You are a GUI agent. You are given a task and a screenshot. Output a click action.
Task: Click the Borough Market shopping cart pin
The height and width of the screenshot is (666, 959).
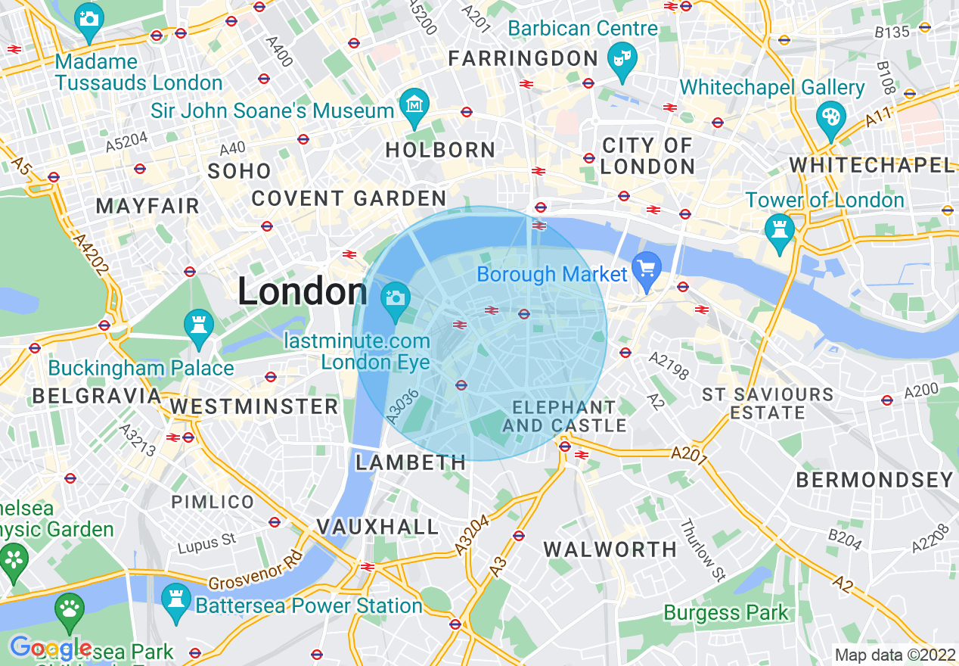tap(647, 270)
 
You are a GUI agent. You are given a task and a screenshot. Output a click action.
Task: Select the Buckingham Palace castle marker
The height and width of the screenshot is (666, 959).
tap(199, 327)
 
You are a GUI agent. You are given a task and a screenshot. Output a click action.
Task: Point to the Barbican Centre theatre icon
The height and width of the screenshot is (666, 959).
tap(624, 59)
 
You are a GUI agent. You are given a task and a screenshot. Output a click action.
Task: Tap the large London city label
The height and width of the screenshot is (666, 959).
tap(303, 291)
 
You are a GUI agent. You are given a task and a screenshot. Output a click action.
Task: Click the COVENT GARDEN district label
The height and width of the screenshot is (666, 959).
tap(349, 199)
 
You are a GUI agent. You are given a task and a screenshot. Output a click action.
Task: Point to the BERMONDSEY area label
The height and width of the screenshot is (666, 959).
tap(875, 480)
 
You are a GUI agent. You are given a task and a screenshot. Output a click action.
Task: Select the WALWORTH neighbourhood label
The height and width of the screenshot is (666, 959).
tap(610, 549)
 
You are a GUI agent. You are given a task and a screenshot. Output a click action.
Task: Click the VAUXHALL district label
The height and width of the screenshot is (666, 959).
tap(377, 527)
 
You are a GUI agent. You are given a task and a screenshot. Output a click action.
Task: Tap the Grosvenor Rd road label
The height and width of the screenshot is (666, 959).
tap(255, 571)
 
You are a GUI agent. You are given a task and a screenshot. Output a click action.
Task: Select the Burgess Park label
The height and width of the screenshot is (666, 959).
tap(726, 612)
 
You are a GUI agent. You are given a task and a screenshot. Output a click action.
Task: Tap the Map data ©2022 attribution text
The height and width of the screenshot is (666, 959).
tap(895, 655)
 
